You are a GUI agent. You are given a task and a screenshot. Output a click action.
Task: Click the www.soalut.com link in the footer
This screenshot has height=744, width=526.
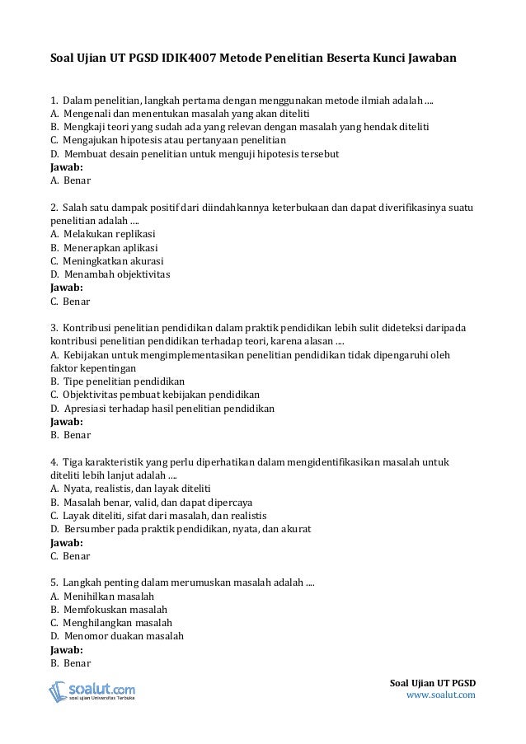coord(442,695)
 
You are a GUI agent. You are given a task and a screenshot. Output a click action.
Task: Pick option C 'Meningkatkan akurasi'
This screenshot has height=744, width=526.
coord(110,261)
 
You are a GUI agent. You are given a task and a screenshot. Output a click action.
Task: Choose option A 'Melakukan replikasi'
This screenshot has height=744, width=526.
coord(109,234)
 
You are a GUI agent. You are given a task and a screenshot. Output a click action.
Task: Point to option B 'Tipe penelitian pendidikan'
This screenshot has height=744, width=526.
coord(118,381)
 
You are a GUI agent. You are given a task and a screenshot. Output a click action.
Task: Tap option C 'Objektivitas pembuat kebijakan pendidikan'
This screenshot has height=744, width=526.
coord(155,395)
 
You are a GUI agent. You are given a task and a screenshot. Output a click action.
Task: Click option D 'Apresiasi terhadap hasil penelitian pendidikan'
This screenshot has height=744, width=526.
coord(162,408)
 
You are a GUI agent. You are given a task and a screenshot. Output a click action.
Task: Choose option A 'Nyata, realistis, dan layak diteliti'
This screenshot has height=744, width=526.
coord(131,489)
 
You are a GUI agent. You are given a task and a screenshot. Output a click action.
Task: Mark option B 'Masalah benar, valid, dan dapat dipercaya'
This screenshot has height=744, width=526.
coord(152,502)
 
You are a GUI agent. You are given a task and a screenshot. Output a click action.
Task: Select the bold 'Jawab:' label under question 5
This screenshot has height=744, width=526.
coord(67,649)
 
